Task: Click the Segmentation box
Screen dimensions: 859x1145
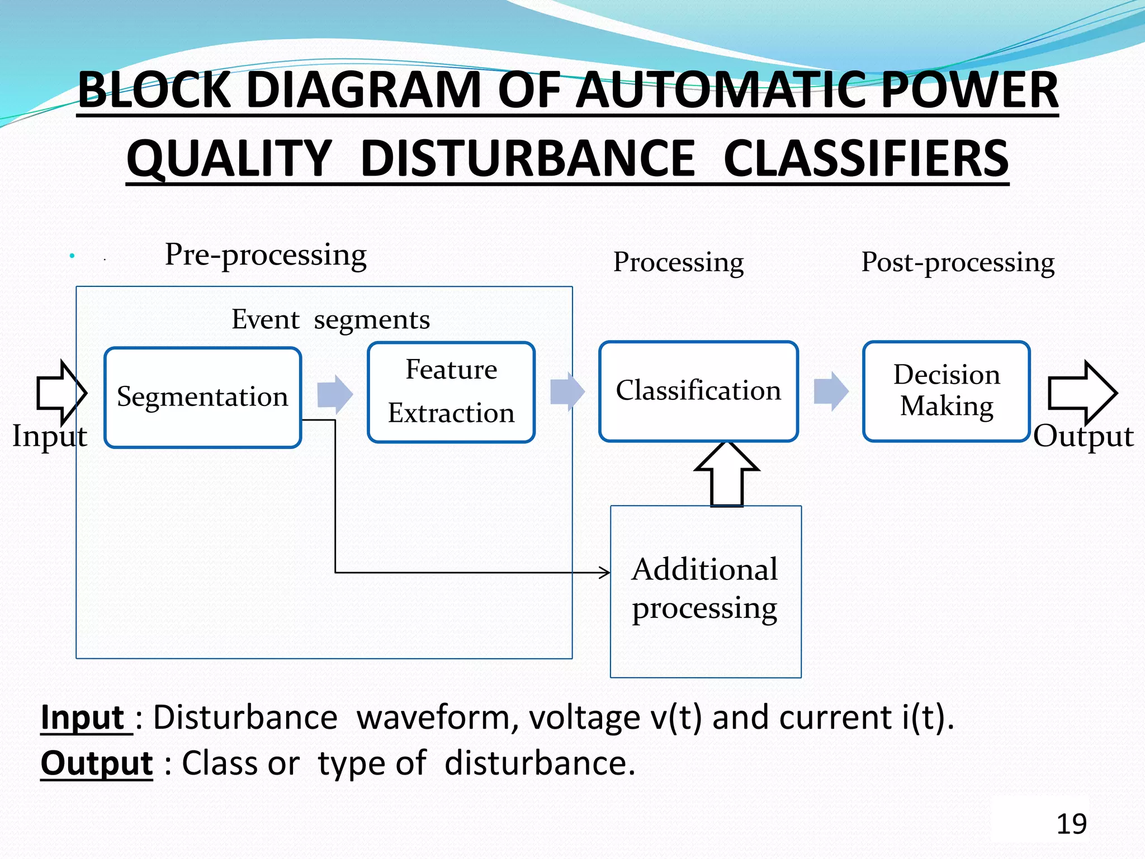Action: [202, 397]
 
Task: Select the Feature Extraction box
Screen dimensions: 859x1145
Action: [451, 391]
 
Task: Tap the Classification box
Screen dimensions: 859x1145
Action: [698, 390]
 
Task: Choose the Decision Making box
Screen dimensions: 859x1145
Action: [946, 390]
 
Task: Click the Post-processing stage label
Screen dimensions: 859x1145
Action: [958, 262]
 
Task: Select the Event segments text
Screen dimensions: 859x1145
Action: [330, 320]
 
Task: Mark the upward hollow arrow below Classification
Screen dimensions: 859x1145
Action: [726, 474]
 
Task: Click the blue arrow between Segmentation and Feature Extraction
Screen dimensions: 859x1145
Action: [335, 394]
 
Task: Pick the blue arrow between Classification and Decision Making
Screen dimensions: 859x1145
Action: [831, 391]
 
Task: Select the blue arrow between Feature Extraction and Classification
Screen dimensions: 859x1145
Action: [567, 391]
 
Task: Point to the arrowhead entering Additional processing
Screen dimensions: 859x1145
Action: [605, 572]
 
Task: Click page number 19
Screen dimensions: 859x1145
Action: [1071, 824]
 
